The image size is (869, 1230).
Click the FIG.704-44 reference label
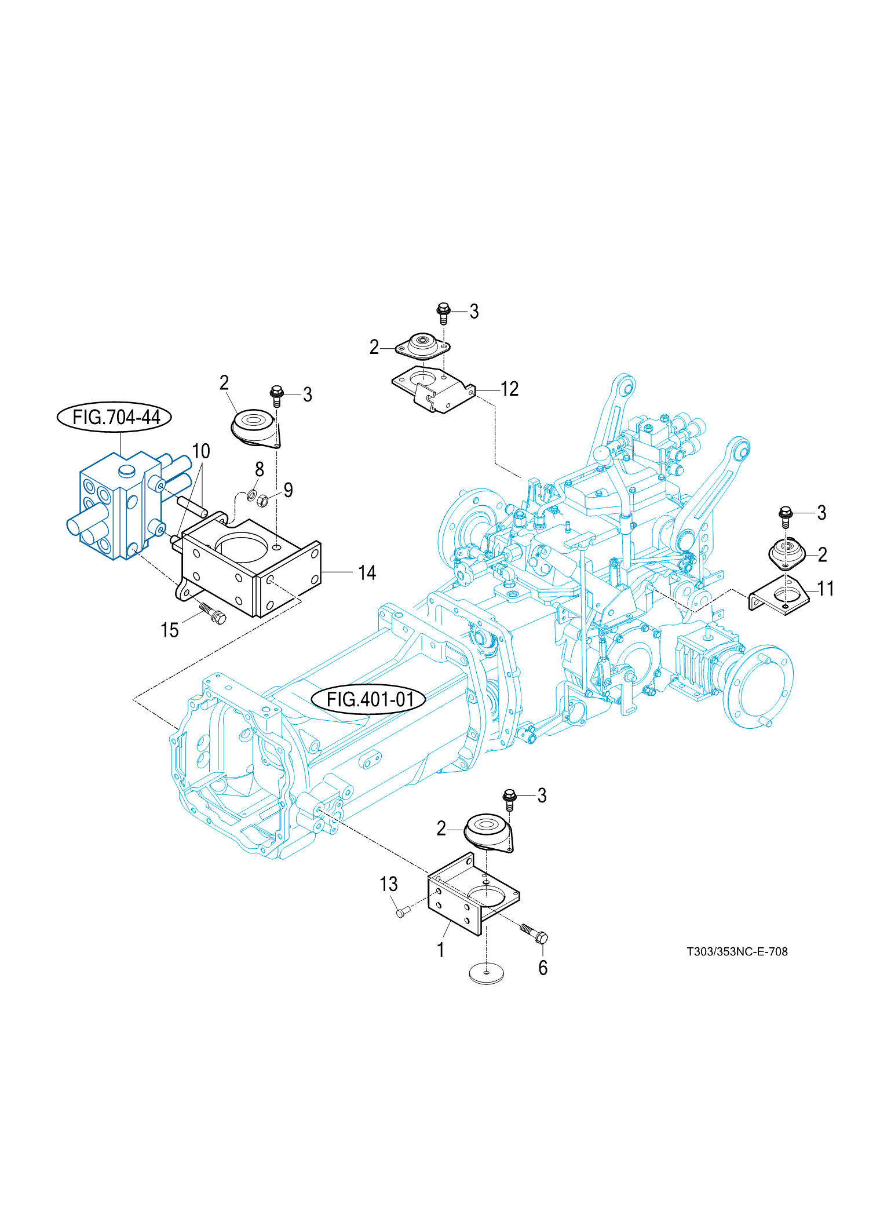(x=115, y=417)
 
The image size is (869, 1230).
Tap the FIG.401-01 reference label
(x=370, y=699)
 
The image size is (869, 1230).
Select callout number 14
(x=367, y=573)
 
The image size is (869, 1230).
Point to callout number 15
(x=169, y=630)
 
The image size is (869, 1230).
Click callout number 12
(x=509, y=389)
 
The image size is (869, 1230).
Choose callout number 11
(x=825, y=589)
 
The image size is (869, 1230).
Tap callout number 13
(x=389, y=884)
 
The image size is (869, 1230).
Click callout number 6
(x=543, y=968)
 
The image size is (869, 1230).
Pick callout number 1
(x=441, y=950)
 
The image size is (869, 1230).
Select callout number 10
(x=201, y=451)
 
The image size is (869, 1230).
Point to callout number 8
(x=260, y=469)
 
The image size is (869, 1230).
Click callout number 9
(x=288, y=490)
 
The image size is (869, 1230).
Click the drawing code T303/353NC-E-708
(x=737, y=952)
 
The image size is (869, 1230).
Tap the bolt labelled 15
(x=213, y=613)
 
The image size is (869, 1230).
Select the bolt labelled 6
(x=534, y=933)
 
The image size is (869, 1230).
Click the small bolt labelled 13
(x=401, y=913)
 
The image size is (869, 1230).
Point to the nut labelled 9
(x=262, y=501)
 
